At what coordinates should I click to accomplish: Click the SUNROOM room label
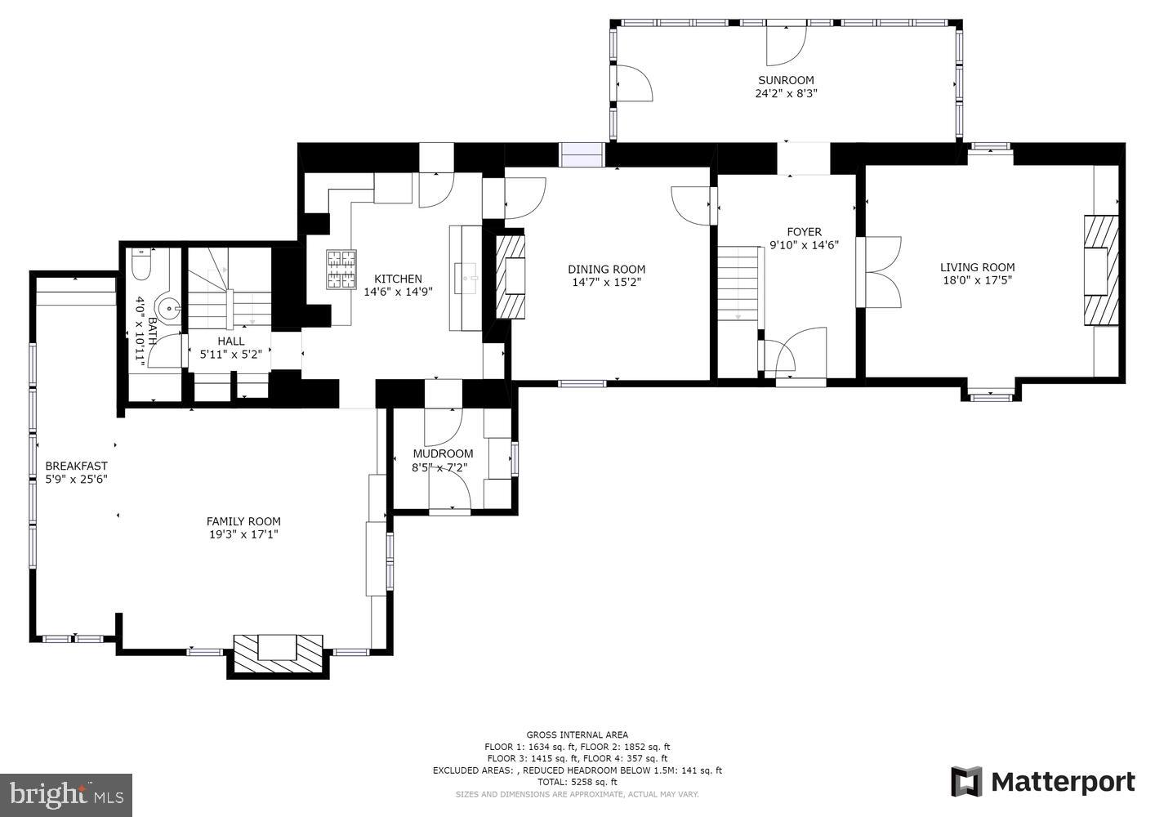click(x=786, y=80)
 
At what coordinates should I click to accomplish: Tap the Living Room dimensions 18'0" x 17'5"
click(x=977, y=280)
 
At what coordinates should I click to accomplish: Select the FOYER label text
click(x=804, y=232)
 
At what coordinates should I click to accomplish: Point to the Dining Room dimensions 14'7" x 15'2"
click(x=606, y=283)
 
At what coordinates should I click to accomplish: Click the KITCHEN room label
click(x=398, y=279)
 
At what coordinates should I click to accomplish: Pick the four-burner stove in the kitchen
click(x=342, y=270)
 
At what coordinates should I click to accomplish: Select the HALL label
click(x=231, y=342)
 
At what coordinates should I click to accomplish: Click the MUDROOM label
click(x=443, y=454)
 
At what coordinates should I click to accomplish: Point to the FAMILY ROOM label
click(x=243, y=521)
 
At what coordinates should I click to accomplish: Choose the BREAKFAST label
click(x=76, y=467)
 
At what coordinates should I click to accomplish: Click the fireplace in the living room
click(x=1101, y=270)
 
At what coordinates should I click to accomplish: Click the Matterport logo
click(x=1043, y=782)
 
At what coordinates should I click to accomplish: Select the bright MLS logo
click(x=66, y=795)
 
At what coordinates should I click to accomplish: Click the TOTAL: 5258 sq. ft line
click(x=577, y=782)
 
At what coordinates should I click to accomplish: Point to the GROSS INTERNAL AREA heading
click(x=577, y=735)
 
